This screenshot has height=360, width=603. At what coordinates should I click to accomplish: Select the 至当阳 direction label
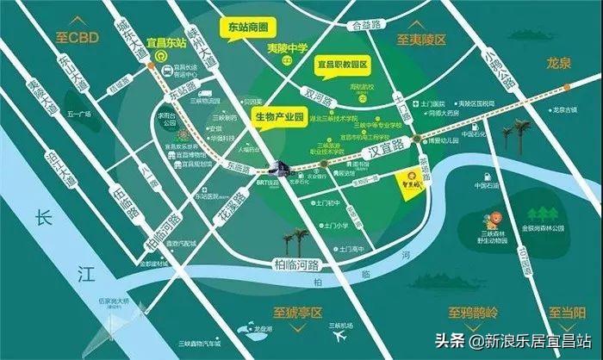[x=569, y=311]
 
